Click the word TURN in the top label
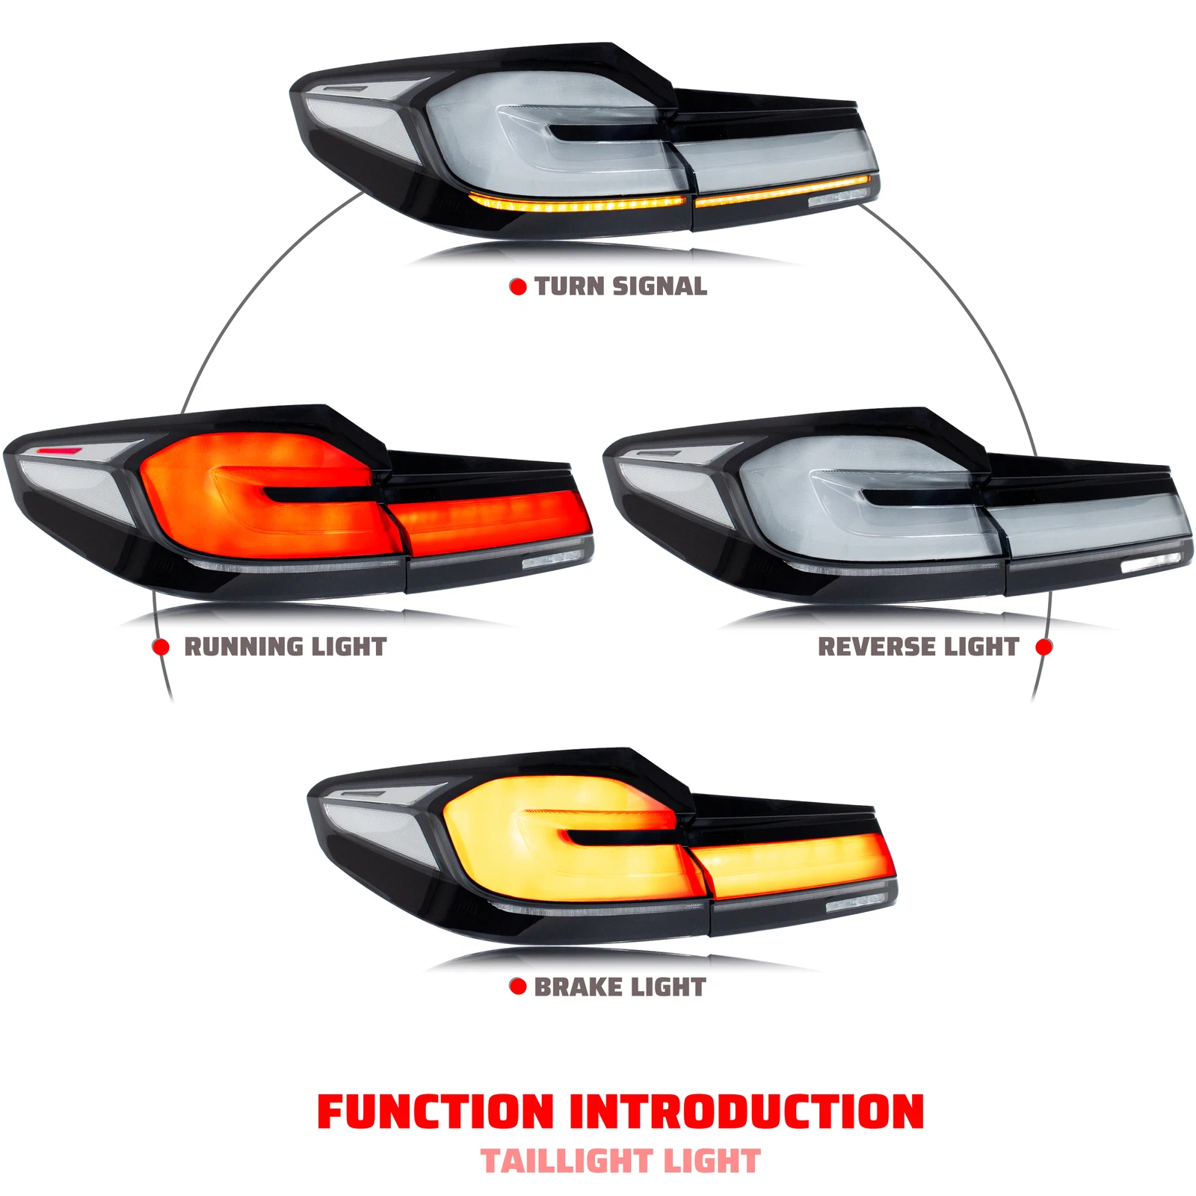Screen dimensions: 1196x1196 click(x=570, y=286)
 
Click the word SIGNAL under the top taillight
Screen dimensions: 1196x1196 click(x=659, y=286)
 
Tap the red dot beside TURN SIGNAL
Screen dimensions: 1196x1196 click(x=517, y=287)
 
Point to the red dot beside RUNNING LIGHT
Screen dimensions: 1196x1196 click(x=161, y=647)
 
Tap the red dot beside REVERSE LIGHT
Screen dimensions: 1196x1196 click(x=1044, y=647)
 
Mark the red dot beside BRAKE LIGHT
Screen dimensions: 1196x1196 click(x=517, y=987)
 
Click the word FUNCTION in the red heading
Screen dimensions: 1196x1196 click(x=435, y=1112)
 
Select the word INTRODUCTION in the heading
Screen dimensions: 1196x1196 click(x=747, y=1112)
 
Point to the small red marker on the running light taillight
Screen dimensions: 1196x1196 click(x=60, y=451)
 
